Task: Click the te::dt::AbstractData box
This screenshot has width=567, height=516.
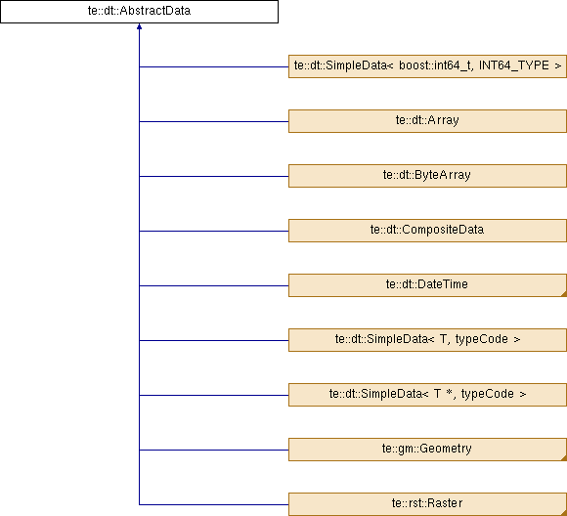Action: click(139, 12)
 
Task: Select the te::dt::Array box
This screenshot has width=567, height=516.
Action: click(427, 121)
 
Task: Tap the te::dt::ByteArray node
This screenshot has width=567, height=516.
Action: click(427, 176)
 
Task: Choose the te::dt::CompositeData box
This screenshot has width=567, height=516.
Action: click(427, 231)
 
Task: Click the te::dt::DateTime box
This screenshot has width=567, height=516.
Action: click(427, 285)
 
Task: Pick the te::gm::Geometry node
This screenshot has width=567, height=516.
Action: click(427, 450)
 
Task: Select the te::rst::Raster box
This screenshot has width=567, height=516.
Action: click(427, 504)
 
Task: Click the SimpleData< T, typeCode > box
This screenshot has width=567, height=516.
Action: click(427, 340)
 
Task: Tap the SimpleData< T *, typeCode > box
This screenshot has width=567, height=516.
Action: click(427, 395)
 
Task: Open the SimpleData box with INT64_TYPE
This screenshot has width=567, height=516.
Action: click(427, 66)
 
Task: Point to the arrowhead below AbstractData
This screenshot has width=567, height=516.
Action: click(139, 26)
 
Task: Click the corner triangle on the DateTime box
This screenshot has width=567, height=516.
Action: click(564, 293)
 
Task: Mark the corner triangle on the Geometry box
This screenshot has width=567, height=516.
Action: click(564, 457)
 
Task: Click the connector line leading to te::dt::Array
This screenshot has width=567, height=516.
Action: click(214, 121)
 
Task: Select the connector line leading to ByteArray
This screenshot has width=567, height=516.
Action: click(214, 176)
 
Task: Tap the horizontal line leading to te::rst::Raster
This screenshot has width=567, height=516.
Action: click(214, 504)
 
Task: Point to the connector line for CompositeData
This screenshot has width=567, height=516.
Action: click(214, 231)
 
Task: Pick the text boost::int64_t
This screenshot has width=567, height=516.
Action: click(436, 65)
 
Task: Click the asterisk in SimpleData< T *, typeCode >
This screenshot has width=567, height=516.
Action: click(449, 392)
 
